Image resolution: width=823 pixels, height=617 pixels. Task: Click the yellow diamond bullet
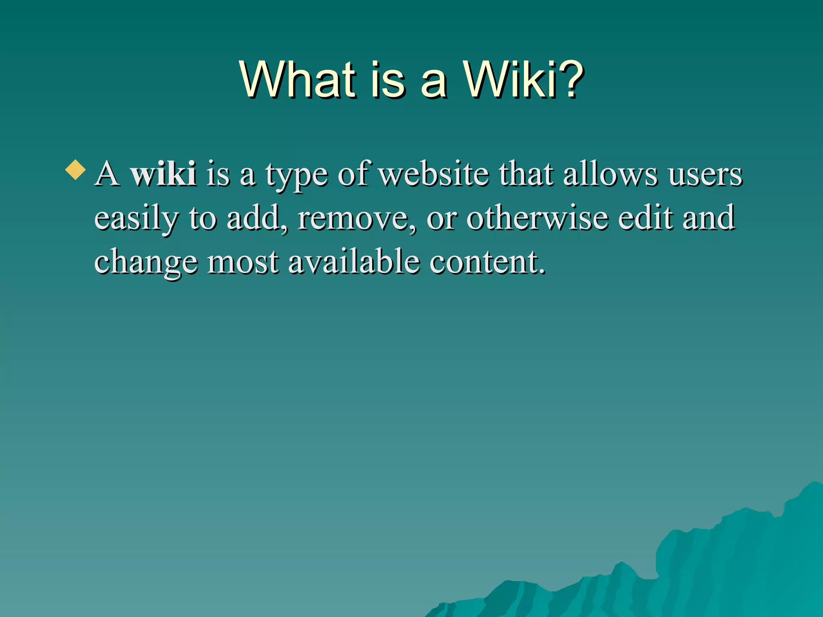[x=75, y=170]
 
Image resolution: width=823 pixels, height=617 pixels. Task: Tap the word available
[x=354, y=262]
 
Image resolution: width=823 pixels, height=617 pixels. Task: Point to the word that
[x=526, y=174]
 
